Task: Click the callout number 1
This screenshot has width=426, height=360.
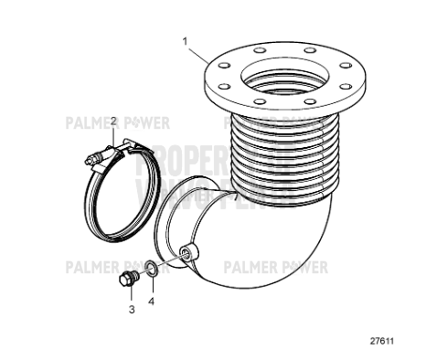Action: [186, 41]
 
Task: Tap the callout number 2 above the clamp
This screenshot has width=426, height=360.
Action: [113, 121]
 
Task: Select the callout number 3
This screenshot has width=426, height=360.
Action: [131, 310]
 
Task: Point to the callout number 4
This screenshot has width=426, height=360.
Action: [153, 300]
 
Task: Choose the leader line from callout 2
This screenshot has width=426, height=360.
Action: [113, 134]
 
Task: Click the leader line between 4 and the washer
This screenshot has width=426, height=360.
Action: [152, 286]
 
